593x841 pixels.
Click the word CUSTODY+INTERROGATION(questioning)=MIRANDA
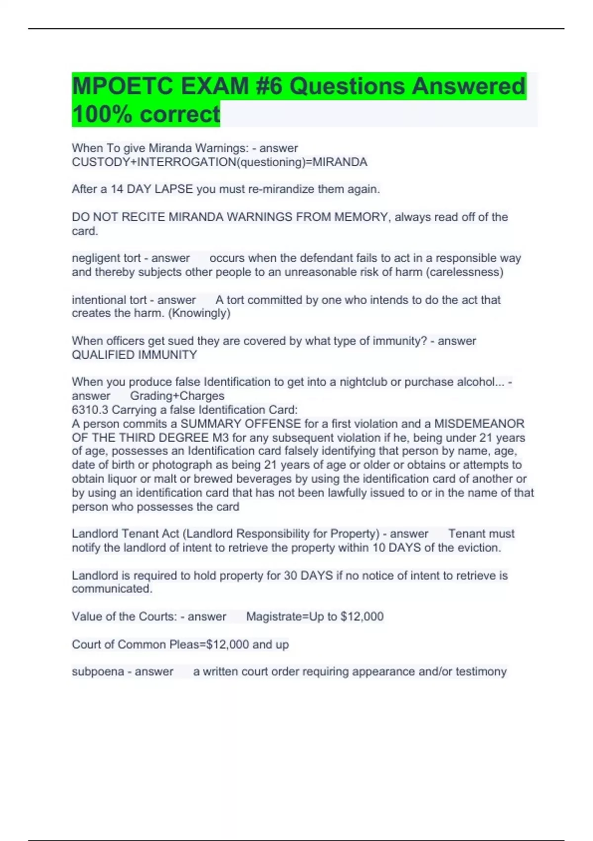pyautogui.click(x=219, y=162)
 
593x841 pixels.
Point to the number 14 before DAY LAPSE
pyautogui.click(x=117, y=189)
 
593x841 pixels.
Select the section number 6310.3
pyautogui.click(x=90, y=410)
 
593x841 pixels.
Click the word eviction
pyautogui.click(x=478, y=548)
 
